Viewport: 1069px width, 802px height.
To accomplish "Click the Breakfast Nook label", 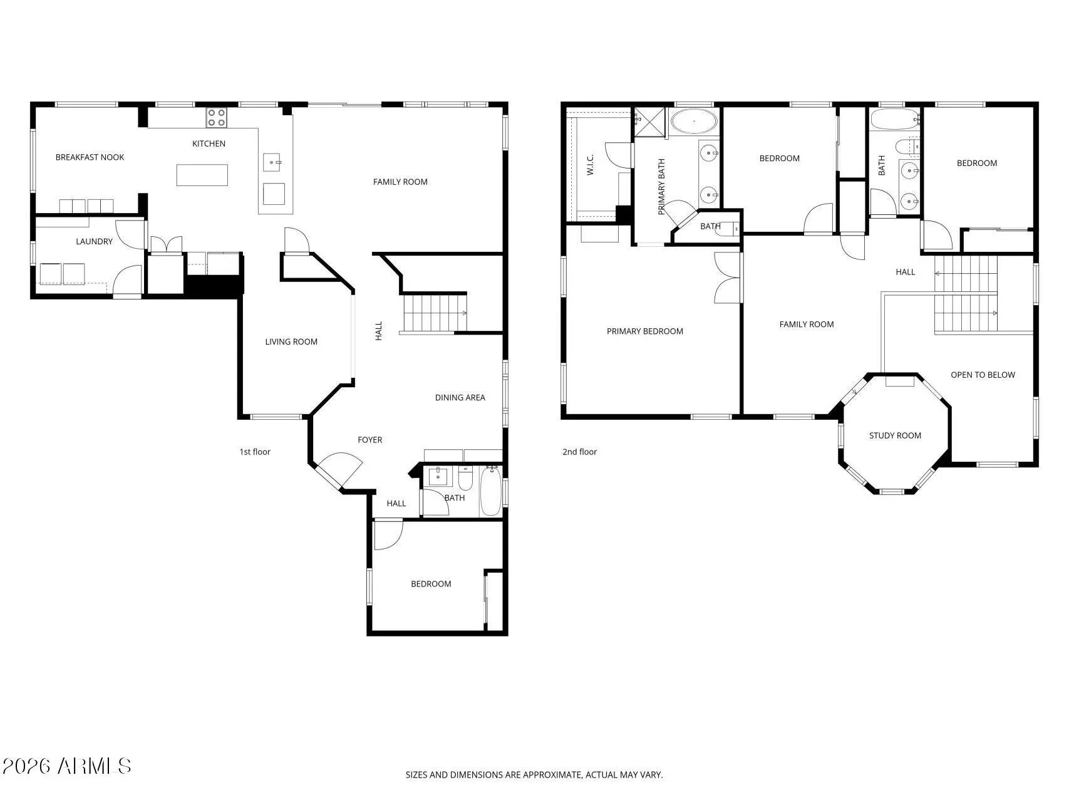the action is (90, 157).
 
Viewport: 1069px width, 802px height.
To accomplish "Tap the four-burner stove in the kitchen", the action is (217, 118).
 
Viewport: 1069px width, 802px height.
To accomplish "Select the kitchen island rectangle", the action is (202, 175).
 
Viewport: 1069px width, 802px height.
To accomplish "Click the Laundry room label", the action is (94, 241).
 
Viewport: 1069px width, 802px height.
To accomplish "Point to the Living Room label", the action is (291, 341).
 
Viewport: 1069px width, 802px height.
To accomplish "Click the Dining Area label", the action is (460, 397).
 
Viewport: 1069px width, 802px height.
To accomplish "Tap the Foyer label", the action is (369, 440).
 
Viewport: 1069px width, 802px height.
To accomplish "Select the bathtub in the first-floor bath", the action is (491, 492).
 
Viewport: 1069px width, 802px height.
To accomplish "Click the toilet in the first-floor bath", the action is (465, 479).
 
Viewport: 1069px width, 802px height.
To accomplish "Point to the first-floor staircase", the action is (434, 313).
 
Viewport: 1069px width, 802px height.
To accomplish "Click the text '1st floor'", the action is (255, 452).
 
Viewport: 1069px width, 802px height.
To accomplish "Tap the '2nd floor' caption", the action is (580, 452).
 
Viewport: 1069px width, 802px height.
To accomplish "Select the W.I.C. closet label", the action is (590, 165).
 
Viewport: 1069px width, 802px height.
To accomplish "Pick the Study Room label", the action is (895, 435).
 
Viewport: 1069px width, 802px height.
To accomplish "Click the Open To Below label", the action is (983, 375).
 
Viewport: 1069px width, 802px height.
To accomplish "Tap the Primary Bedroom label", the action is (645, 331).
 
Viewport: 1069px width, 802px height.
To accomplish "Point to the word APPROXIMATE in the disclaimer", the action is (553, 775).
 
